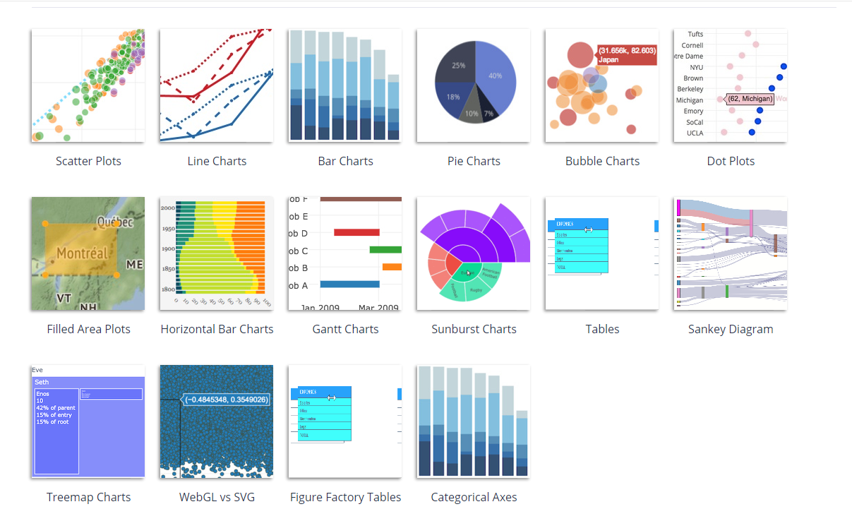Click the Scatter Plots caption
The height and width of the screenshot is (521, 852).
pyautogui.click(x=88, y=161)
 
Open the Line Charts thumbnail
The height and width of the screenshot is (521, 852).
pyautogui.click(x=216, y=85)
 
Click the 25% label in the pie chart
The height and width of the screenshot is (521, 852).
pyautogui.click(x=458, y=66)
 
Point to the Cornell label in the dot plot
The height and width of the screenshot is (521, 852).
pyautogui.click(x=692, y=45)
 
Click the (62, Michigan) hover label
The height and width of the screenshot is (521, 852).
pyautogui.click(x=750, y=100)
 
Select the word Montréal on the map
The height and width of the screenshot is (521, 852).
pyautogui.click(x=83, y=253)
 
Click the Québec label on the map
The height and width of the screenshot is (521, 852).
pyautogui.click(x=115, y=222)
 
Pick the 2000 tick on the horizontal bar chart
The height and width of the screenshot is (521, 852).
pyautogui.click(x=167, y=209)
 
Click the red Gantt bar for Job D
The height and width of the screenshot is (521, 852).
pyautogui.click(x=356, y=232)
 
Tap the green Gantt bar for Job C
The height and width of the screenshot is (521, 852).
pyautogui.click(x=385, y=249)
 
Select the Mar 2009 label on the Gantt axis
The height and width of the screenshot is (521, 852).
pyautogui.click(x=378, y=307)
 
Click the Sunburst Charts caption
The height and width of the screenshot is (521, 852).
pyautogui.click(x=474, y=329)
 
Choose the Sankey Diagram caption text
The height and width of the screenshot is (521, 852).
pyautogui.click(x=731, y=329)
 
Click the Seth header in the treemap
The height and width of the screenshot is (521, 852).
pyautogui.click(x=42, y=382)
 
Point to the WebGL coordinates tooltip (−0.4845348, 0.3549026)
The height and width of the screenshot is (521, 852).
pyautogui.click(x=226, y=400)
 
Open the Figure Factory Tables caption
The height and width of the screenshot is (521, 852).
pyautogui.click(x=345, y=497)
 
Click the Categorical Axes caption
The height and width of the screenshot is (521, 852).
pyautogui.click(x=474, y=497)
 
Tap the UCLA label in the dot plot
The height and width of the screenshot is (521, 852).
pyautogui.click(x=695, y=133)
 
